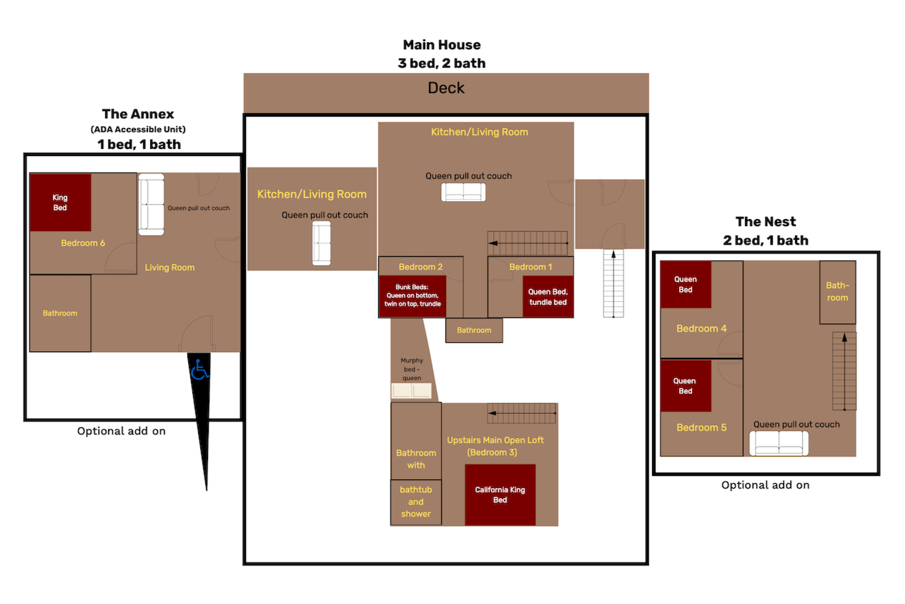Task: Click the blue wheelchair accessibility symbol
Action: [200, 370]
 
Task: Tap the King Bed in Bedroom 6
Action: [60, 203]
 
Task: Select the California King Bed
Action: [500, 495]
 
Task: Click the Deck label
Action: [446, 88]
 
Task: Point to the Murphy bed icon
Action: [412, 391]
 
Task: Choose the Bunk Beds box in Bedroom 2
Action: [412, 296]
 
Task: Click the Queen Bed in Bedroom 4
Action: [685, 284]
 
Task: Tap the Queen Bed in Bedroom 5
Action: [685, 386]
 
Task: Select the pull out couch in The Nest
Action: [778, 443]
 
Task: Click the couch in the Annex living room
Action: [151, 205]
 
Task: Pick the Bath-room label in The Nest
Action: [837, 291]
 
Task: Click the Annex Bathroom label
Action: [60, 313]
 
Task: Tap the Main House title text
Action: [442, 45]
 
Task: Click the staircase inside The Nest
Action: [844, 371]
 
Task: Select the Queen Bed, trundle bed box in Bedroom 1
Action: [548, 296]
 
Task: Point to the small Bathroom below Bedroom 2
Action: [474, 330]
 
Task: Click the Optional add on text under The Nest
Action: [765, 485]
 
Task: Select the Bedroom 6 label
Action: [83, 243]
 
